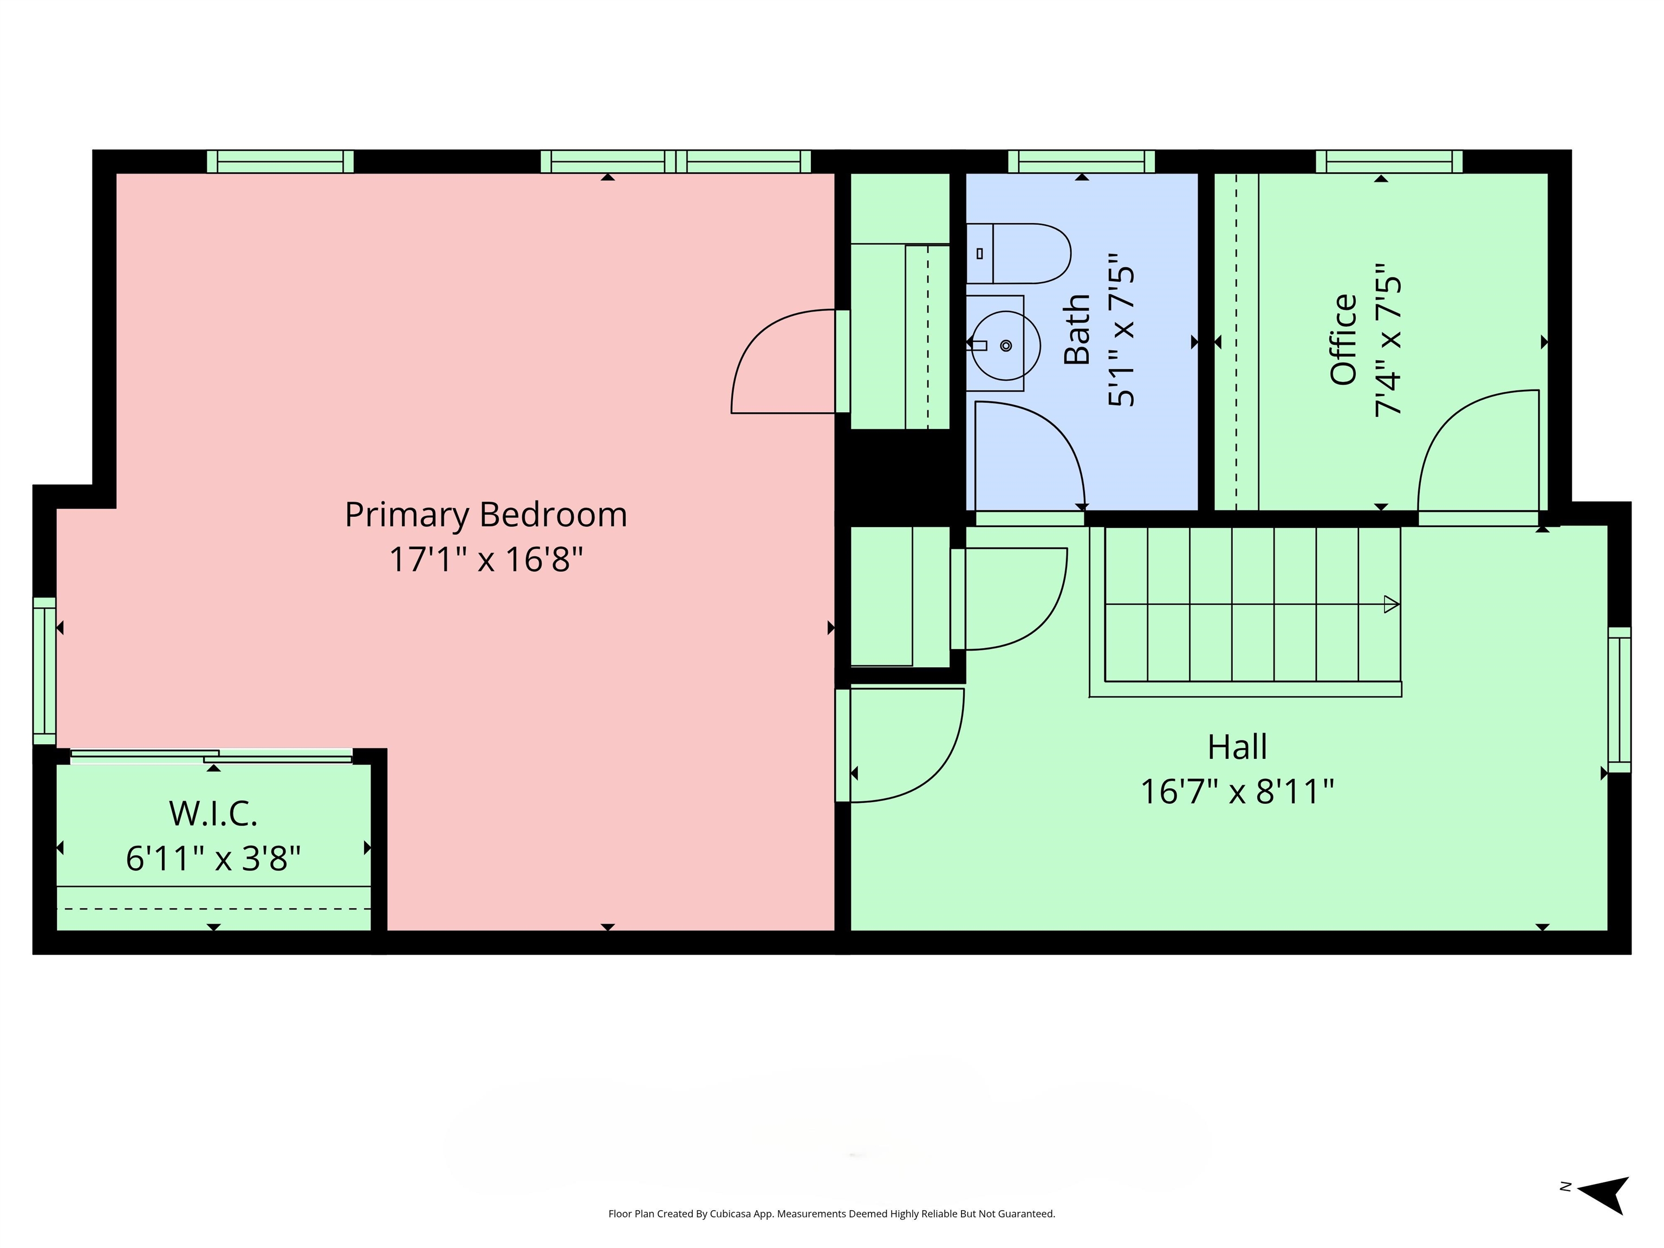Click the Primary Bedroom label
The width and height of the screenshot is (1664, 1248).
tap(486, 515)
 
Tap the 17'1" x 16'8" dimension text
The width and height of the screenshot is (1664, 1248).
tap(486, 560)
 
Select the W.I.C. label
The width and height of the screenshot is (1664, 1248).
tap(213, 813)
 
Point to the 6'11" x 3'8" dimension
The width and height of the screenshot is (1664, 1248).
tap(213, 857)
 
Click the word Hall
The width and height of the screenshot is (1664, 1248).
tap(1238, 747)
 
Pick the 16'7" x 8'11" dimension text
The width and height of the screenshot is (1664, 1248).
tap(1238, 791)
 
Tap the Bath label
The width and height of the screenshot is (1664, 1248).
tap(1077, 329)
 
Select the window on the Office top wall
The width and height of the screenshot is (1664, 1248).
tap(1389, 162)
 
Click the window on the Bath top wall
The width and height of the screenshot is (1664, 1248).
tap(1081, 162)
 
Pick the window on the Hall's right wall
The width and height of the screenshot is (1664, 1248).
tap(1620, 700)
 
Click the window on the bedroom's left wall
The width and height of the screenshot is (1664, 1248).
tap(44, 671)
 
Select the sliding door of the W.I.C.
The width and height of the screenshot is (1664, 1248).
tap(211, 756)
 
